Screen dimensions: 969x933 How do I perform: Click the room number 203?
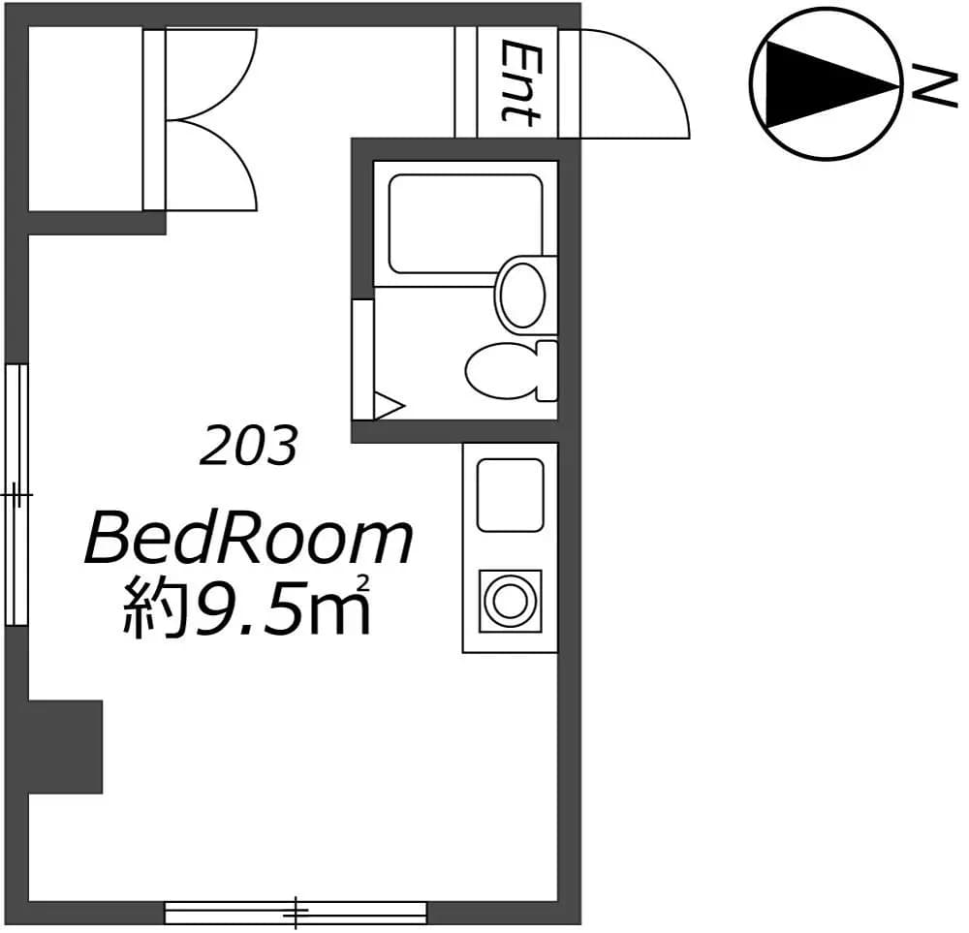click(x=248, y=446)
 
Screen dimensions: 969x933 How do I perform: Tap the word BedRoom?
click(x=248, y=541)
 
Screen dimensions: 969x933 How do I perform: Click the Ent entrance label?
click(x=519, y=82)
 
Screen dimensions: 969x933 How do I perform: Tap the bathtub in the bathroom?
click(x=466, y=224)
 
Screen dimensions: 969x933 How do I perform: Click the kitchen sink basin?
click(x=511, y=495)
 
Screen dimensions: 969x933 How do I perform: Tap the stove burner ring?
click(x=511, y=601)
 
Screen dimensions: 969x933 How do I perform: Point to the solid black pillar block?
click(x=65, y=746)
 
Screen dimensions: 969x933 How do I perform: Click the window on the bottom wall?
click(x=296, y=913)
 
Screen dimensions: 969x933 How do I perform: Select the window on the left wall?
click(x=16, y=495)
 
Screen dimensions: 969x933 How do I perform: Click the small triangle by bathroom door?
click(x=389, y=406)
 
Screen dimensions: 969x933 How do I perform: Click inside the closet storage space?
click(x=85, y=118)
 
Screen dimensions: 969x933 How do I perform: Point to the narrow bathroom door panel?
click(x=362, y=359)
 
